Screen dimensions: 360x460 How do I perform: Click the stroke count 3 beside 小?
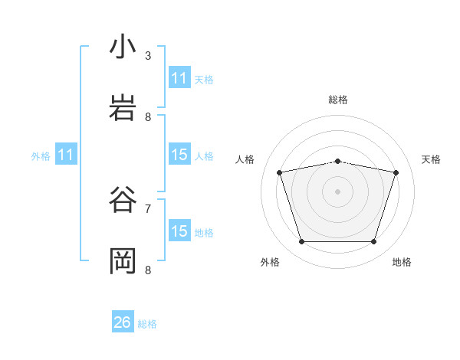[148, 55]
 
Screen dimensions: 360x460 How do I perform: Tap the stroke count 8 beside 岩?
[148, 116]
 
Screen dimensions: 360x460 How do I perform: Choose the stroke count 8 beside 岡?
[148, 270]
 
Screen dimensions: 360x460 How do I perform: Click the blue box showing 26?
[123, 322]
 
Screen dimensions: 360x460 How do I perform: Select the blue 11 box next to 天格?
[179, 78]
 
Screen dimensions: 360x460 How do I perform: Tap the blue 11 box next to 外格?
[66, 155]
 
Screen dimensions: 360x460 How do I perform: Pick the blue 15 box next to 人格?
[179, 155]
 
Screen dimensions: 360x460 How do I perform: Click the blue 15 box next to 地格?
[179, 231]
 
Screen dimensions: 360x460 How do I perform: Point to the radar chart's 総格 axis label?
[338, 100]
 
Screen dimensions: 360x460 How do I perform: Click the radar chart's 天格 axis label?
[432, 159]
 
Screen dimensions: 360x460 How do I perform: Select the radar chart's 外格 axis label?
[270, 262]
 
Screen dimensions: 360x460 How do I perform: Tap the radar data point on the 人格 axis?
[280, 172]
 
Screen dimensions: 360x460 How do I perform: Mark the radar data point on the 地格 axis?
[373, 242]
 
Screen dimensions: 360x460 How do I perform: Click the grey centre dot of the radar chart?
[338, 191]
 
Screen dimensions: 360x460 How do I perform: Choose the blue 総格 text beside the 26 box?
[147, 324]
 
